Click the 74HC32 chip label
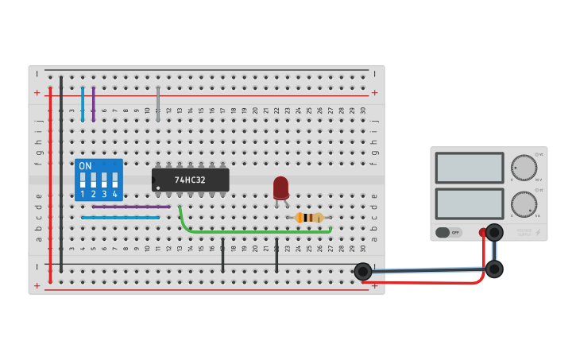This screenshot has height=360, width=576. click(x=190, y=180)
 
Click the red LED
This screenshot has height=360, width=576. click(x=280, y=188)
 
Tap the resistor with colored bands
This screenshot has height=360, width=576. click(x=309, y=218)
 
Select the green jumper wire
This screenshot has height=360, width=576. click(x=254, y=231)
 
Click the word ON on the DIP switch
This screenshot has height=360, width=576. click(x=85, y=166)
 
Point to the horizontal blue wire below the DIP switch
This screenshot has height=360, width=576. click(x=120, y=217)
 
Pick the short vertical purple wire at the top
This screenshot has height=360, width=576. click(x=93, y=103)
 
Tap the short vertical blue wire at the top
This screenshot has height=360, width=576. click(x=82, y=103)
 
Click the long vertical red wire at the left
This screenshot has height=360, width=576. click(x=50, y=183)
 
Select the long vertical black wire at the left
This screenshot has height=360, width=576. click(x=61, y=175)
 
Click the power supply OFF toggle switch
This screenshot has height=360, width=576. click(x=448, y=232)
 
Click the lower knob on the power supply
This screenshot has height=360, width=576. click(x=524, y=203)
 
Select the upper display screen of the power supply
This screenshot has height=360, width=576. click(x=469, y=168)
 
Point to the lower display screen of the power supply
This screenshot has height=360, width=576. click(x=469, y=203)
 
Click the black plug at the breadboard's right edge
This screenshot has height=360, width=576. click(x=363, y=271)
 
